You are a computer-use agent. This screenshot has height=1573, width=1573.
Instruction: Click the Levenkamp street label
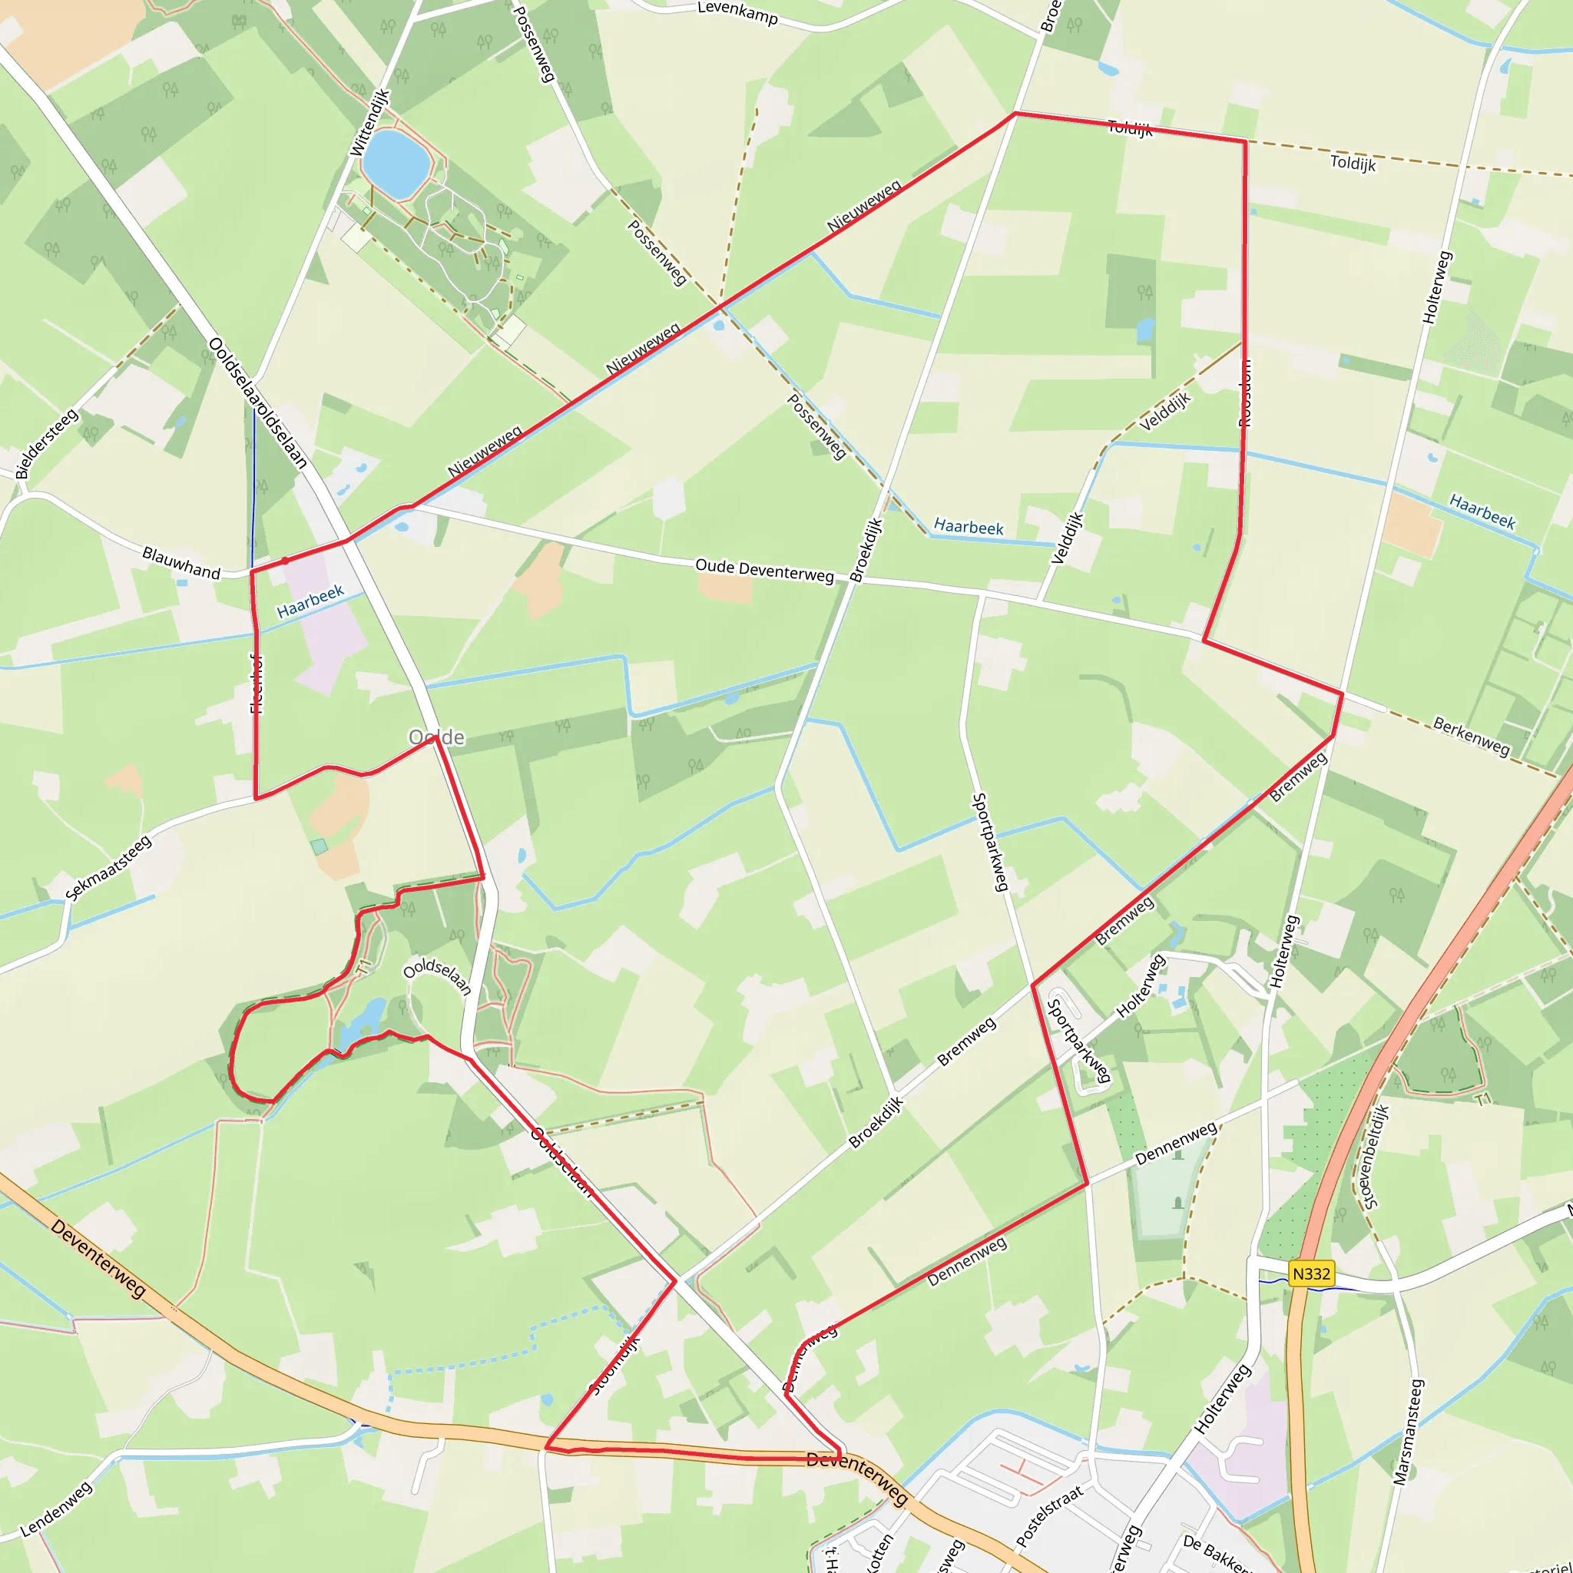pyautogui.click(x=737, y=12)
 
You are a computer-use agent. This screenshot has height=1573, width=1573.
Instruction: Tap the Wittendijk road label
pyautogui.click(x=369, y=123)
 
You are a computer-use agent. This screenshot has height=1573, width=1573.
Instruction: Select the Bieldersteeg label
pyautogui.click(x=47, y=444)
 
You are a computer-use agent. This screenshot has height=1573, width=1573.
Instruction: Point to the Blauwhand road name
pyautogui.click(x=180, y=562)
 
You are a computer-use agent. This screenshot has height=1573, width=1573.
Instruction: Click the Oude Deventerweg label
pyautogui.click(x=764, y=570)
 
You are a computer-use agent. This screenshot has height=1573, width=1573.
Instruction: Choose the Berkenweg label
pyautogui.click(x=1471, y=735)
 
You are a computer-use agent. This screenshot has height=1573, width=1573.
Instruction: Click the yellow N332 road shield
pyautogui.click(x=1311, y=1273)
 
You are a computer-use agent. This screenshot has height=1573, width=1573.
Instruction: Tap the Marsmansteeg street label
pyautogui.click(x=1409, y=1432)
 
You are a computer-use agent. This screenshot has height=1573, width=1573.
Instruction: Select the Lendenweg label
pyautogui.click(x=56, y=1509)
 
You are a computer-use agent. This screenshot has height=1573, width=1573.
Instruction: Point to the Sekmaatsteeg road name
pyautogui.click(x=109, y=868)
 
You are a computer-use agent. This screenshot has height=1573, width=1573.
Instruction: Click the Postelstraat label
pyautogui.click(x=1050, y=1516)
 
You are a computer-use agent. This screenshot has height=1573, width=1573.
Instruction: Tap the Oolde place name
pyautogui.click(x=436, y=737)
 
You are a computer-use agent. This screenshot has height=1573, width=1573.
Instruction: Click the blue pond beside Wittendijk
pyautogui.click(x=396, y=163)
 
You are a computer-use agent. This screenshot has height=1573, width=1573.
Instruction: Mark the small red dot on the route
pyautogui.click(x=285, y=561)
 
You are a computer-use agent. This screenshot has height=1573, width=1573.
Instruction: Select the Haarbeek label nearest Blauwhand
pyautogui.click(x=310, y=601)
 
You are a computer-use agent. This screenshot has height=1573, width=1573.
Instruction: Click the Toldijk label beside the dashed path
pyautogui.click(x=1353, y=163)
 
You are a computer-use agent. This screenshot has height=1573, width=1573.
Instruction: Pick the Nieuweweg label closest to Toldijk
pyautogui.click(x=864, y=206)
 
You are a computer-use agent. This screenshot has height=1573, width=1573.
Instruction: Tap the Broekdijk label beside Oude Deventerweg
pyautogui.click(x=866, y=550)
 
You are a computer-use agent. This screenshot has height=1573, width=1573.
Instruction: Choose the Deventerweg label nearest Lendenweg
pyautogui.click(x=98, y=1258)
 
